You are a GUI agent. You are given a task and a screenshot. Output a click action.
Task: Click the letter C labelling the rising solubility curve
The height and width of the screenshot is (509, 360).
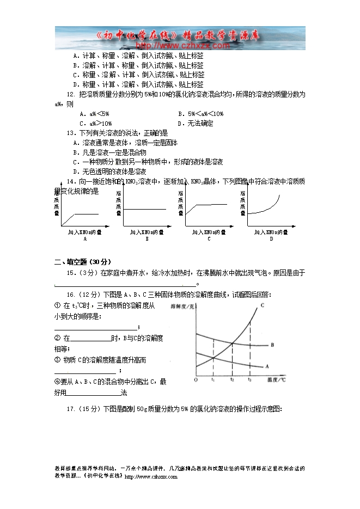click(262, 305)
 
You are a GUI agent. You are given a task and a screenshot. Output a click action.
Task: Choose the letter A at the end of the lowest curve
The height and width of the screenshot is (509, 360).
click(267, 366)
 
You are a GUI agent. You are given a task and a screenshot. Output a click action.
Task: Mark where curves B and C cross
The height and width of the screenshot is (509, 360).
click(233, 342)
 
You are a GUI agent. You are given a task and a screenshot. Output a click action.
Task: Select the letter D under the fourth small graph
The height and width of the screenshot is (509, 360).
click(271, 239)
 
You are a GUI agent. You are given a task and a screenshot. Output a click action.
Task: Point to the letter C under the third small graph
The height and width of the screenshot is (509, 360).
click(209, 239)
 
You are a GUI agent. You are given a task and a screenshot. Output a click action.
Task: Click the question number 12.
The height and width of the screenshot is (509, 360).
click(70, 94)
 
